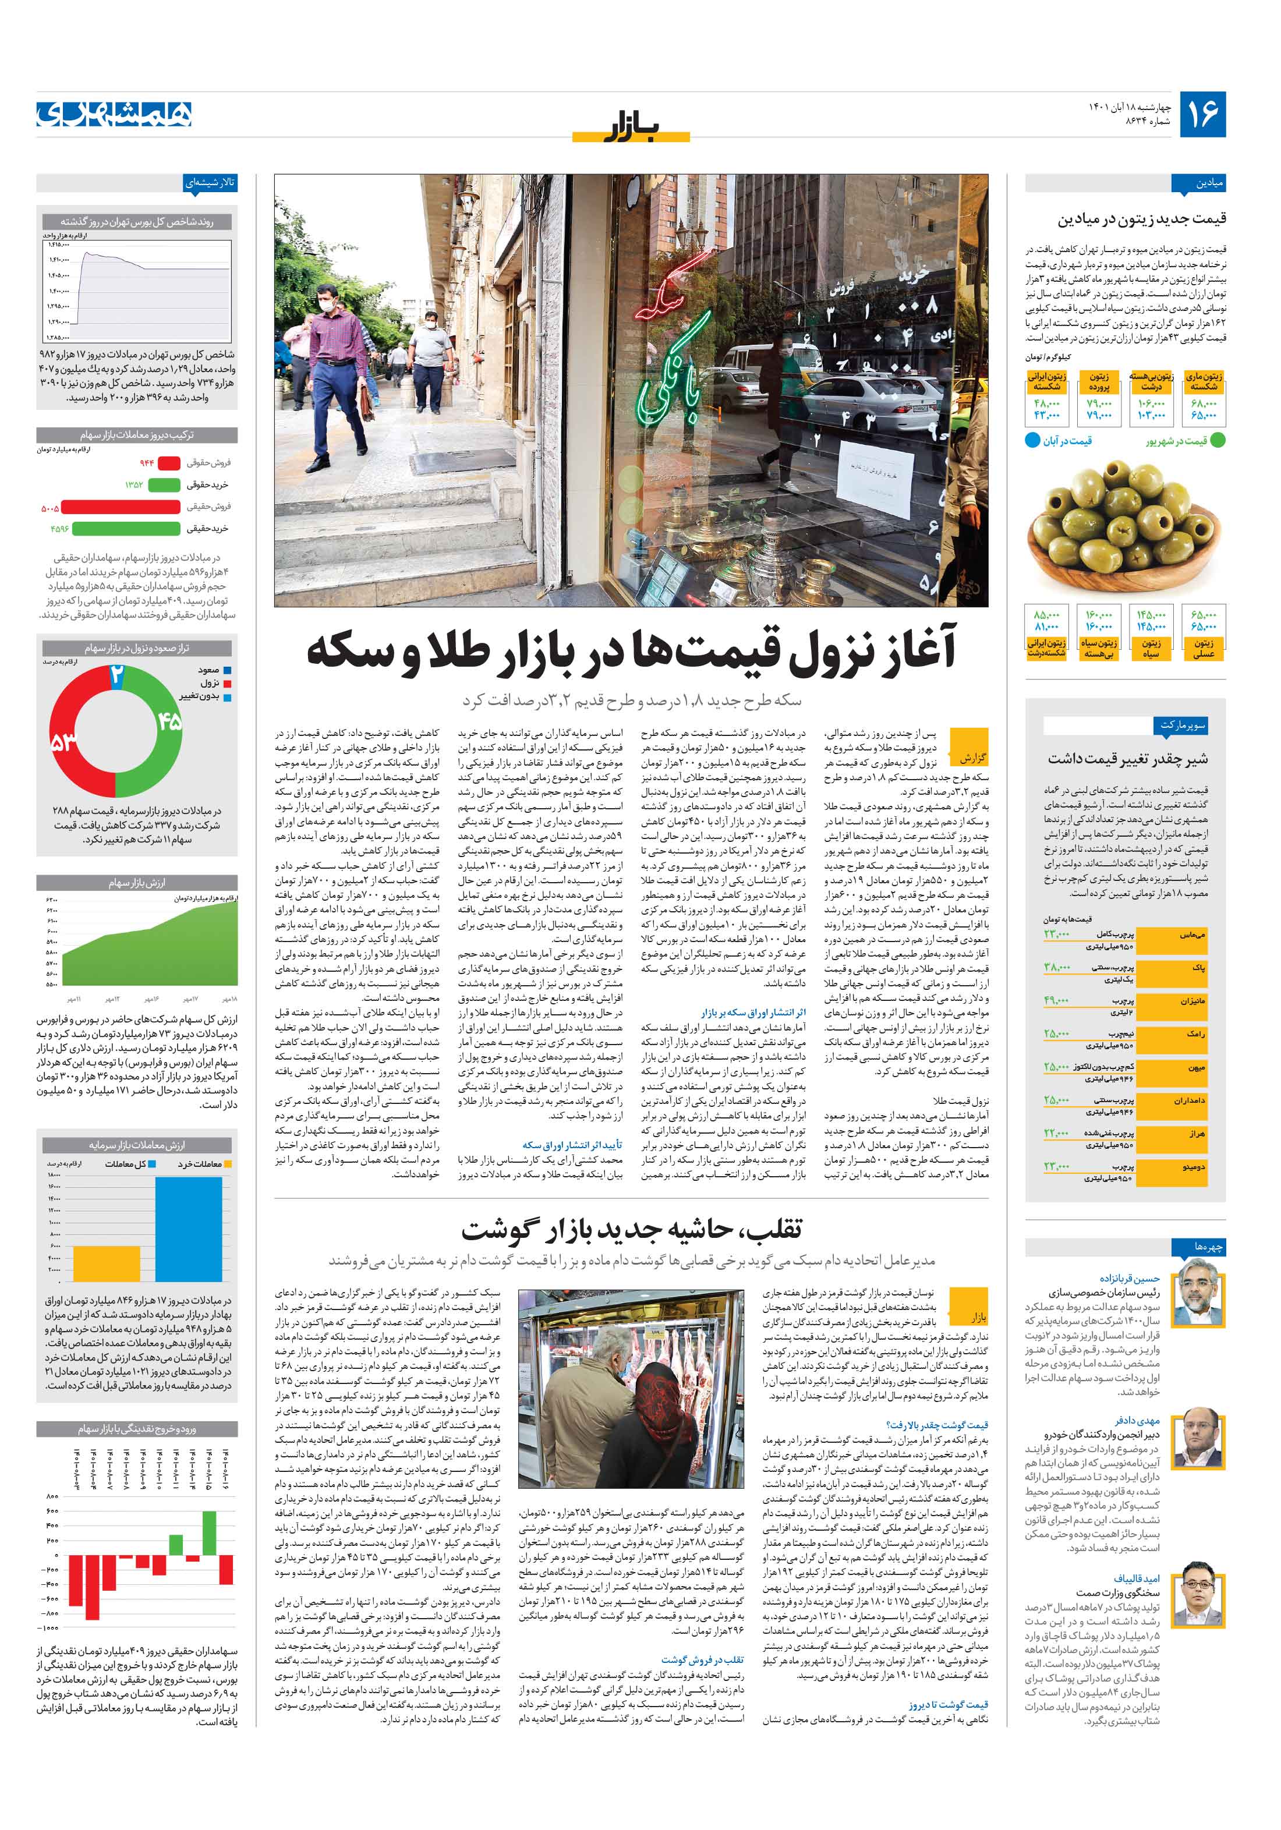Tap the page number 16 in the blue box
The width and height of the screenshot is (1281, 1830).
pyautogui.click(x=1202, y=114)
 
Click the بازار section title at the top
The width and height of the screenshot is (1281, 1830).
pyautogui.click(x=631, y=126)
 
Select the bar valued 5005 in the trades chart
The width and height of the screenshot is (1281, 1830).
pyautogui.click(x=121, y=507)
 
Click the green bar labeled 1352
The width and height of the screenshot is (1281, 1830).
pyautogui.click(x=164, y=484)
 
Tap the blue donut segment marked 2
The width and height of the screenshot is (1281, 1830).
pyautogui.click(x=116, y=675)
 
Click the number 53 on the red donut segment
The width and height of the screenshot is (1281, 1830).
pyautogui.click(x=64, y=743)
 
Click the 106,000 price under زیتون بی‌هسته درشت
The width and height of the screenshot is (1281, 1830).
pyautogui.click(x=1151, y=403)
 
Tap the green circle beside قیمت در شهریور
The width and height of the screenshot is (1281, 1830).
pyautogui.click(x=1217, y=440)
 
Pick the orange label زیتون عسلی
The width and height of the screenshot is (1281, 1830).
pyautogui.click(x=1204, y=648)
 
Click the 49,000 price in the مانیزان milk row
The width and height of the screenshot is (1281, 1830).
pyautogui.click(x=1056, y=1000)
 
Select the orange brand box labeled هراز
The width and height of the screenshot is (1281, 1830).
pyautogui.click(x=1195, y=1134)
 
